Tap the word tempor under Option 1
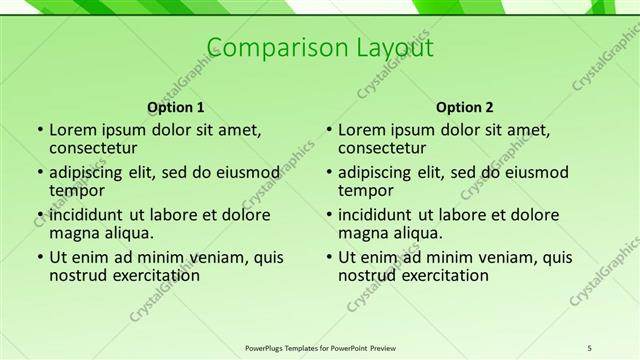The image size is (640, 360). [x=77, y=190]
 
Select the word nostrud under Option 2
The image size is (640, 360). [x=367, y=275]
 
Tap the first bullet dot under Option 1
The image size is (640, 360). [x=39, y=130]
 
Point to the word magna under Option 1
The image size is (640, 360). [x=76, y=233]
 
